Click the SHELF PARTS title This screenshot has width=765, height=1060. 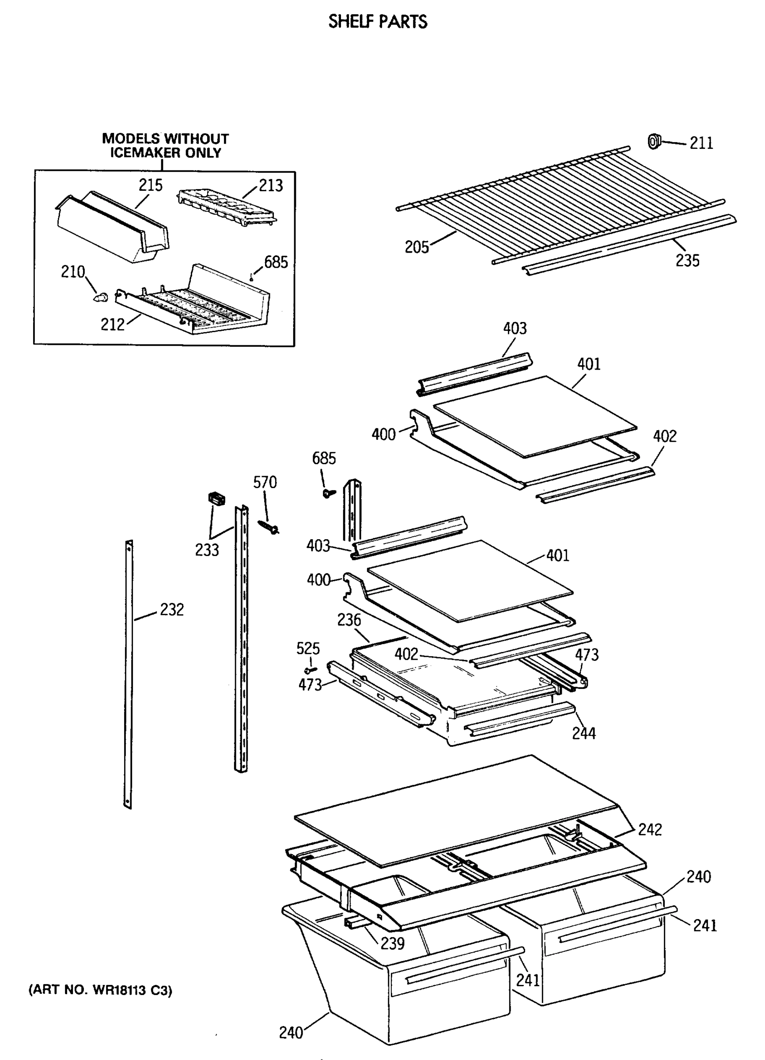[x=377, y=22]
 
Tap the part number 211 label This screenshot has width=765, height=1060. [x=701, y=143]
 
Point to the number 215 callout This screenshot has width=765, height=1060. [x=151, y=185]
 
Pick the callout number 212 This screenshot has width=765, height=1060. [x=113, y=324]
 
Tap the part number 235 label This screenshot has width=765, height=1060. [x=687, y=260]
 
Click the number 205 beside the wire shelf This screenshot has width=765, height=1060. [x=417, y=247]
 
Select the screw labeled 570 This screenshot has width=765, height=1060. [x=268, y=527]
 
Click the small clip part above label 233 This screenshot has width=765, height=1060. [x=216, y=498]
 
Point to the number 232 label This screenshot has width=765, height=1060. [x=171, y=609]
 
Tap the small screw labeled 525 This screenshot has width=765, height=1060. [x=308, y=670]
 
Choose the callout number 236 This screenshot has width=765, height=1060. [x=349, y=620]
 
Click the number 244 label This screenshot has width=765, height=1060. [x=583, y=733]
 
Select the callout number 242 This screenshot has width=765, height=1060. [x=650, y=829]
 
